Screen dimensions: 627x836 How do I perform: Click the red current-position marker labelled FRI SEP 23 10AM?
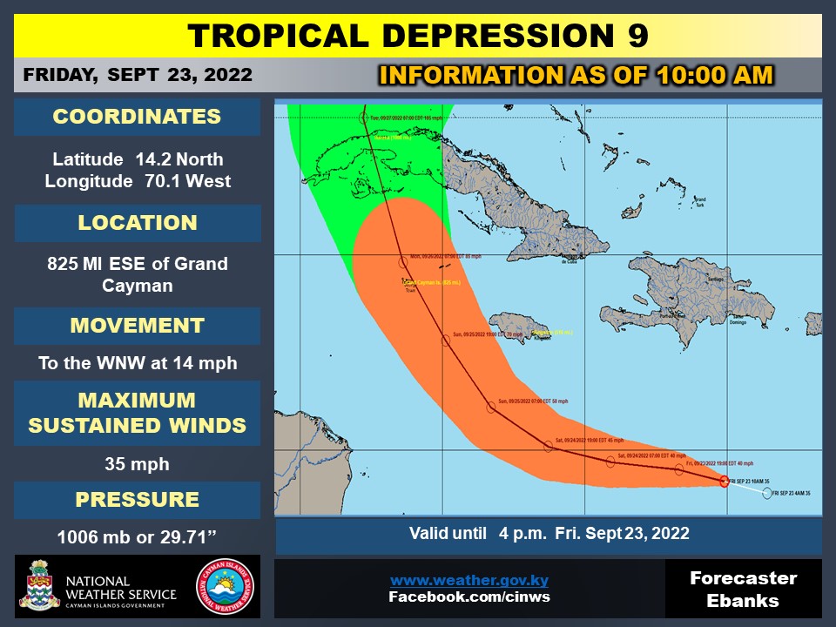pyautogui.click(x=725, y=481)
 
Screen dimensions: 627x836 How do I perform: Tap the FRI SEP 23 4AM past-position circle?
pyautogui.click(x=766, y=493)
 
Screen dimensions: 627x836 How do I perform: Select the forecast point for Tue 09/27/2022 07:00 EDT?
pyautogui.click(x=365, y=117)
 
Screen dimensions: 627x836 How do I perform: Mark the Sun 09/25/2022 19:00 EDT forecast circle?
pyautogui.click(x=446, y=340)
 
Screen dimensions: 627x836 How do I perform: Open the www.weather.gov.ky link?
pyautogui.click(x=469, y=580)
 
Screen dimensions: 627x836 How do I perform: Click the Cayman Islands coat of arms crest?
pyautogui.click(x=38, y=587)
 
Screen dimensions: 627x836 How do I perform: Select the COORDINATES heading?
pyautogui.click(x=137, y=118)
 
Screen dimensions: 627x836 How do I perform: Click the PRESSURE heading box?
pyautogui.click(x=137, y=500)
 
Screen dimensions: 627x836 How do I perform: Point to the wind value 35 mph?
pyautogui.click(x=137, y=464)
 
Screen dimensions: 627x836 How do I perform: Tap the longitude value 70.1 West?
pyautogui.click(x=137, y=181)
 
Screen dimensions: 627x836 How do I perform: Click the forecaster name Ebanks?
pyautogui.click(x=743, y=601)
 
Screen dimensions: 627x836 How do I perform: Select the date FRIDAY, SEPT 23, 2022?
pyautogui.click(x=138, y=75)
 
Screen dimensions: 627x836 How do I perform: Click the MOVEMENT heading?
pyautogui.click(x=137, y=326)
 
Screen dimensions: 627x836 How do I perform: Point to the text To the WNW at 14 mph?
pyautogui.click(x=137, y=363)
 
